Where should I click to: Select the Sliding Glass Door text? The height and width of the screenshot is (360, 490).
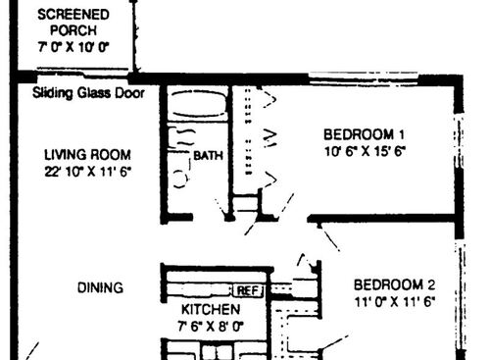click(x=88, y=94)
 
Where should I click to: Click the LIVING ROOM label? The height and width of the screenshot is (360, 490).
click(x=87, y=155)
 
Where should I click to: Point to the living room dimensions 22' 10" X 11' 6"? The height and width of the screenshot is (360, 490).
click(x=87, y=171)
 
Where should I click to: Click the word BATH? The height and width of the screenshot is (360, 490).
click(x=208, y=155)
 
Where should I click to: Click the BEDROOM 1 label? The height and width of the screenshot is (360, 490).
click(x=365, y=134)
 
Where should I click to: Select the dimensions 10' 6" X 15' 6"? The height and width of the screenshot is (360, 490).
click(x=365, y=151)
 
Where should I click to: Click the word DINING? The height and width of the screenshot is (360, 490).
click(x=100, y=288)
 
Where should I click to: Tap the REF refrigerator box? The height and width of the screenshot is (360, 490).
click(x=247, y=290)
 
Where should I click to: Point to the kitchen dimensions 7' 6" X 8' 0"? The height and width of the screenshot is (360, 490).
click(x=210, y=326)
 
